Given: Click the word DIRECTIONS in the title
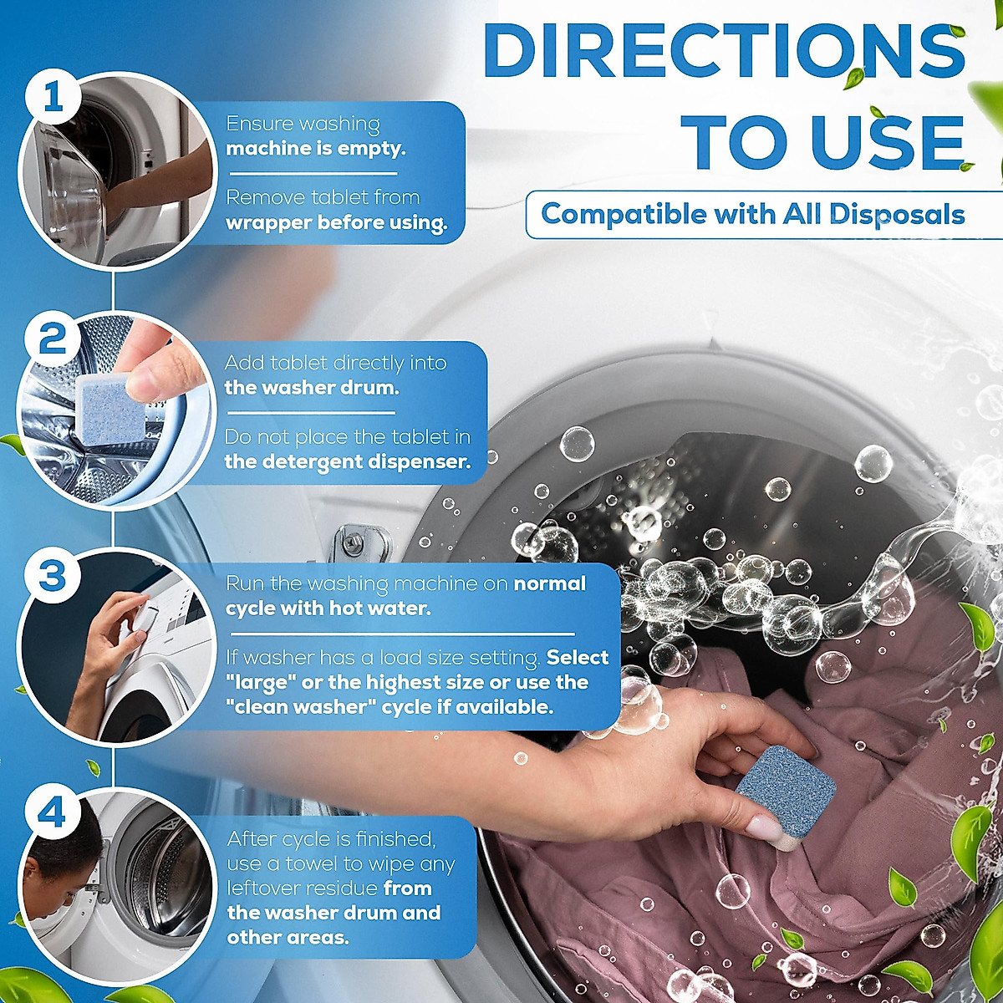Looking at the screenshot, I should point(724,52).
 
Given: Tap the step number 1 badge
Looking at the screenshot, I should point(53,99).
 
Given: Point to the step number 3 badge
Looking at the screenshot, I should point(53,576).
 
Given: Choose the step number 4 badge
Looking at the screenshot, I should point(53,812).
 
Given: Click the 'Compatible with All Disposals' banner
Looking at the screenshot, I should point(752,214).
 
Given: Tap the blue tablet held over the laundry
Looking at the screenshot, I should point(785,793).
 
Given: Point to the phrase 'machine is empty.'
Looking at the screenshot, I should point(315,149).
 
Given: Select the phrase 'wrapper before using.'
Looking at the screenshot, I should point(336,223).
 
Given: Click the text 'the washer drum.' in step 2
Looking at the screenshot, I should point(311,388).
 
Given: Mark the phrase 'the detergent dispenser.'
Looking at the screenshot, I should point(347,461).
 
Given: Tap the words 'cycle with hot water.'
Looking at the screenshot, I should point(328,608).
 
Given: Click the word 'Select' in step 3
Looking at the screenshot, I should point(578,658).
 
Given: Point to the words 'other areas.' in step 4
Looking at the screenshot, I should point(288,937).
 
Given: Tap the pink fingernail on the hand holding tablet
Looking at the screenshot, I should point(762,828).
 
